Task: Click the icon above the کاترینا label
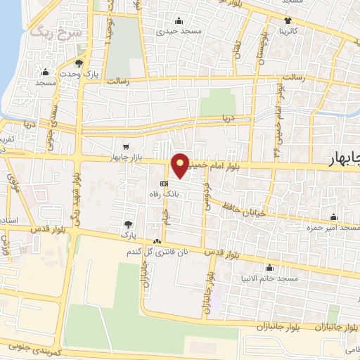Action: coord(288,20)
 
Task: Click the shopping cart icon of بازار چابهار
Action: coord(125,147)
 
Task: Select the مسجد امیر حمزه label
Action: coord(329,228)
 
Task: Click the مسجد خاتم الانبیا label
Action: coord(270,279)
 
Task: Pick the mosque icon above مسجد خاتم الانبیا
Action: coord(269,268)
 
